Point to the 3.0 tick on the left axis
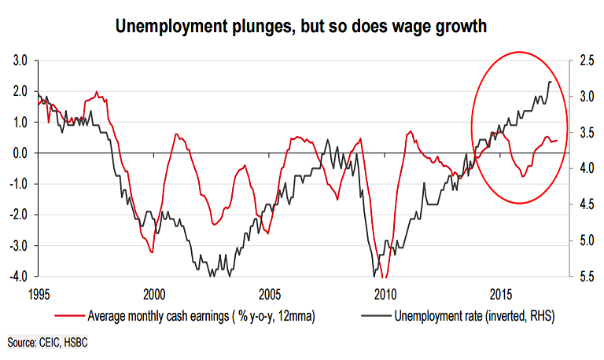point(19,61)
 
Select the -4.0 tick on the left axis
point(17,277)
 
